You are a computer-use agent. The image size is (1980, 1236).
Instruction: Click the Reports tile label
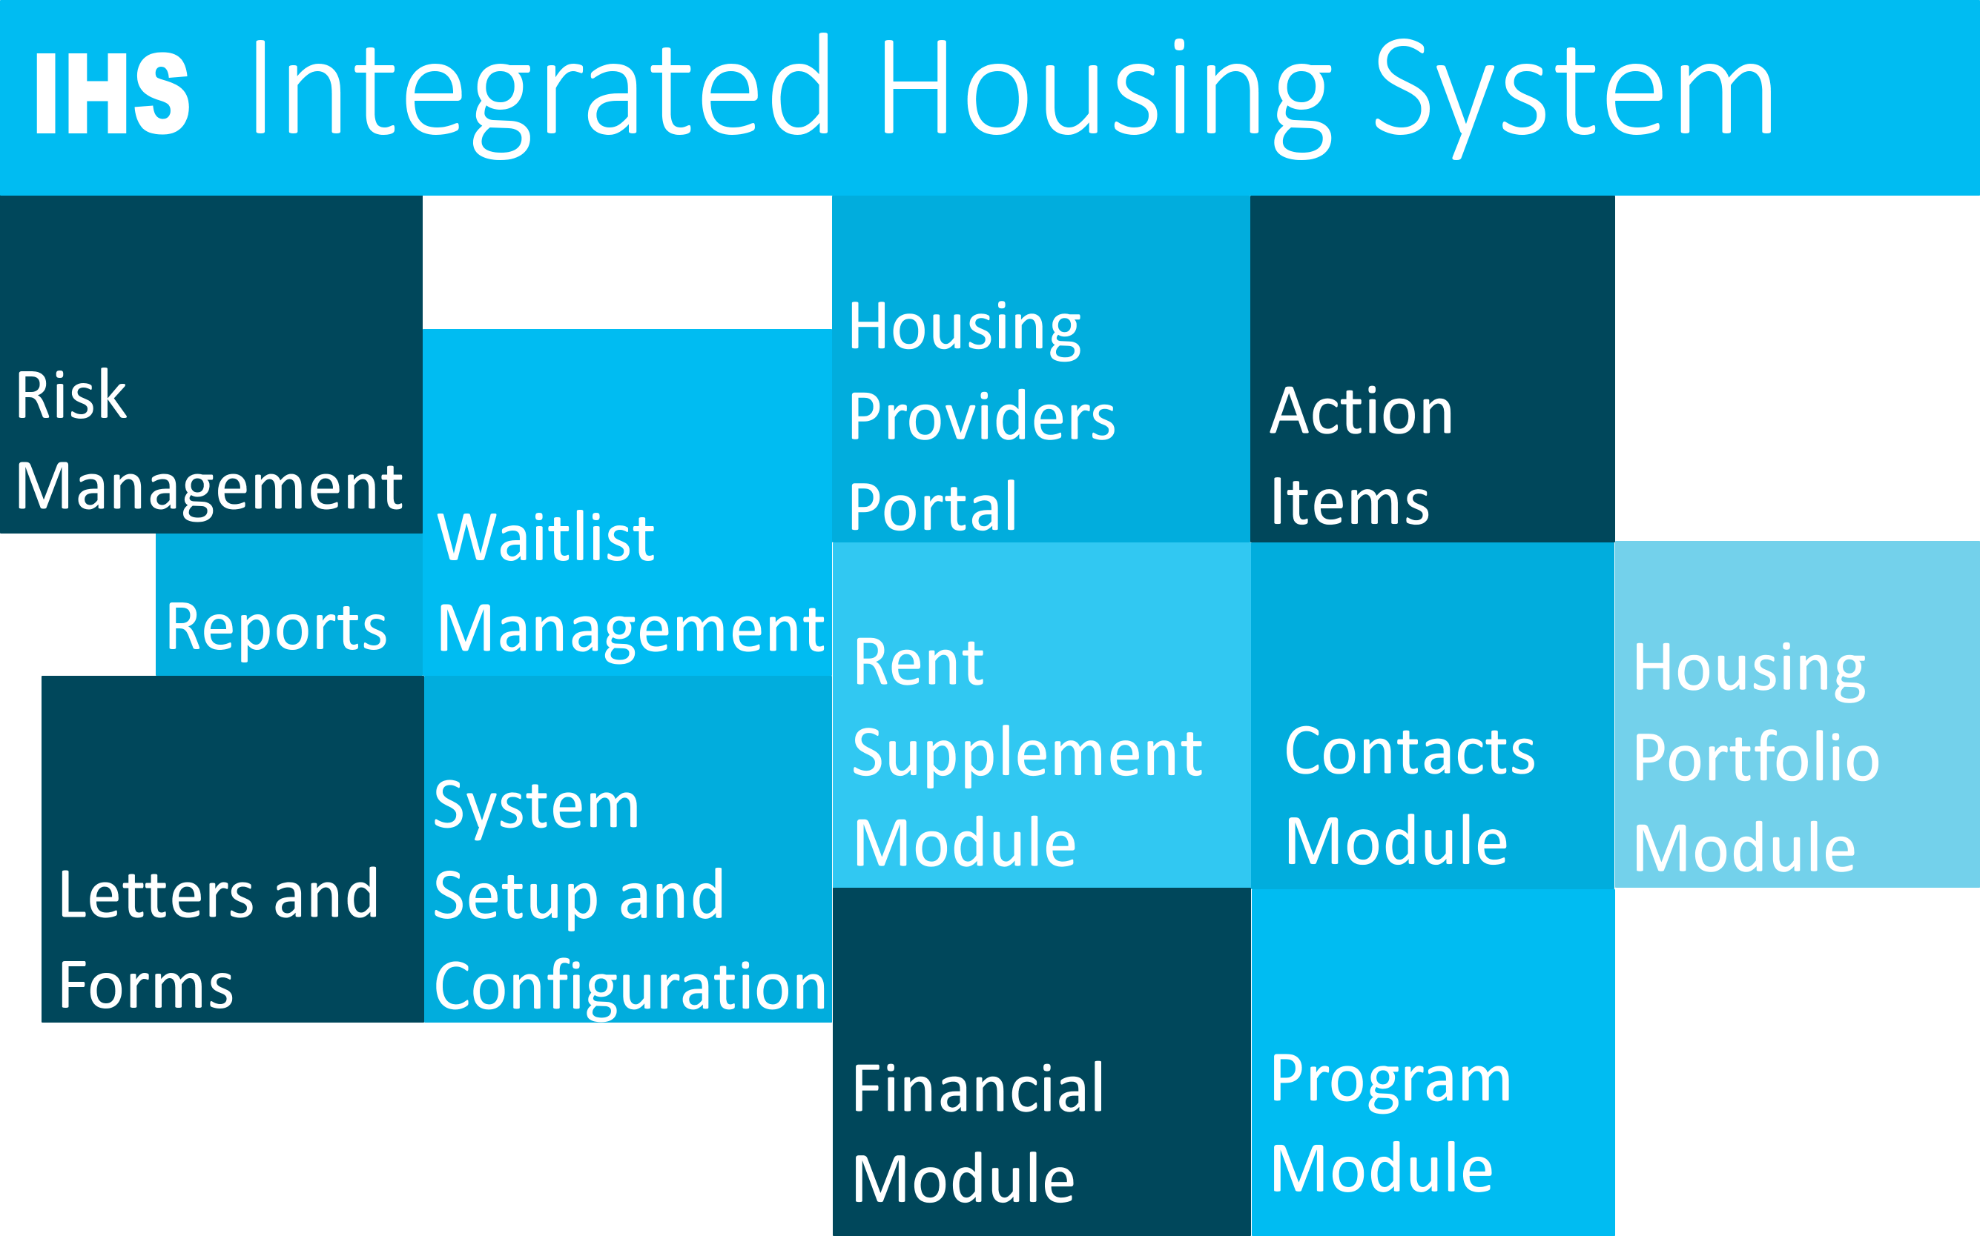point(277,628)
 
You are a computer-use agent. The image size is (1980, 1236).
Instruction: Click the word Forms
point(146,985)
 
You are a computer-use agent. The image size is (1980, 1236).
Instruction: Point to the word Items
point(1350,501)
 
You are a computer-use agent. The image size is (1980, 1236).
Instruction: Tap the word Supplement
point(1027,754)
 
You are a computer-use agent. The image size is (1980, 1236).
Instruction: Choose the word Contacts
point(1410,751)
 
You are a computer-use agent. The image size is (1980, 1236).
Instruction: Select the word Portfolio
point(1757,758)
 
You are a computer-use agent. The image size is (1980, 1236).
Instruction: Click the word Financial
point(978,1089)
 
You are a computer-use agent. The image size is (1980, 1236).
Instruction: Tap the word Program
point(1390,1080)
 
